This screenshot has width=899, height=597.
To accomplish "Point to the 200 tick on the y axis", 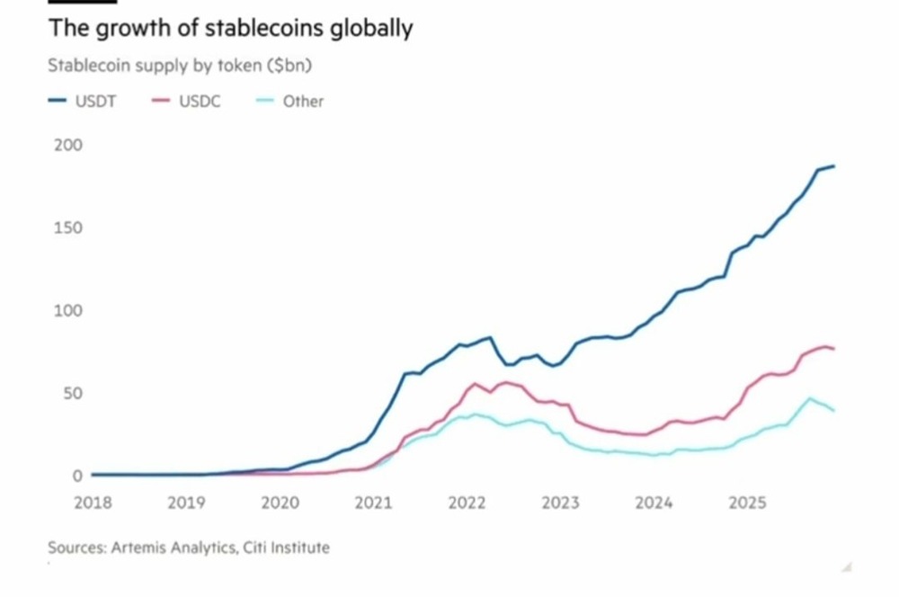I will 68,146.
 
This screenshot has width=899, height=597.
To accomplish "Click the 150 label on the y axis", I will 68,228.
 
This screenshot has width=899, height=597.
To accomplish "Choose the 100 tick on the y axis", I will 68,311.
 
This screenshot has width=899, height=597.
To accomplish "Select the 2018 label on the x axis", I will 93,503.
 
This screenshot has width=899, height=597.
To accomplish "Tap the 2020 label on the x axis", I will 280,503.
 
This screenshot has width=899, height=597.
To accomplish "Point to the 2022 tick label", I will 467,503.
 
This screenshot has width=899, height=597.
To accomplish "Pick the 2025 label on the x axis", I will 747,503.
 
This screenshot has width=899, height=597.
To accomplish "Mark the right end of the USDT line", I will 834,166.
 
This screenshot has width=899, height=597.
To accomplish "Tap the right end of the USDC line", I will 834,349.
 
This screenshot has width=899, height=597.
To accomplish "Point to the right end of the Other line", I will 834,411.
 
